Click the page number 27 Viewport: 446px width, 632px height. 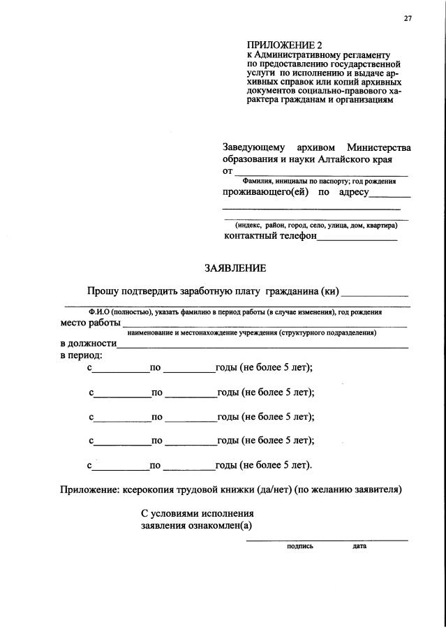click(408, 19)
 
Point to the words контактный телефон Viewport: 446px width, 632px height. click(270, 236)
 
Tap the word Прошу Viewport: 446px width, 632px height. click(102, 291)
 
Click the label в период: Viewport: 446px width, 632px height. click(81, 355)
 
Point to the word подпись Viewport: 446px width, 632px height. click(300, 546)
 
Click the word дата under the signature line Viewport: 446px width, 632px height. click(359, 546)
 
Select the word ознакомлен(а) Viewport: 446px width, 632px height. click(218, 526)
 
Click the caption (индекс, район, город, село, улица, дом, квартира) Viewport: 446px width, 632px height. click(315, 226)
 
